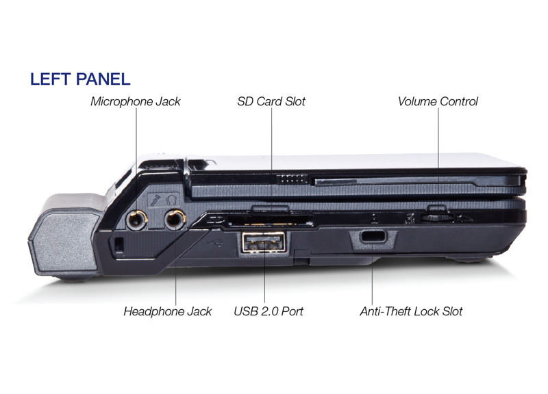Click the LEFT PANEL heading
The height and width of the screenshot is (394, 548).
[80, 79]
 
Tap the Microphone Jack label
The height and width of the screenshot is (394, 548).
[136, 101]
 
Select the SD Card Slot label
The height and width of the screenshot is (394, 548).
[271, 101]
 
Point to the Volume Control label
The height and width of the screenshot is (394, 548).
[438, 101]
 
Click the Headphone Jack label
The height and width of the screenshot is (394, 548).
[168, 311]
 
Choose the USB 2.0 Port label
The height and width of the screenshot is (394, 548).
[269, 311]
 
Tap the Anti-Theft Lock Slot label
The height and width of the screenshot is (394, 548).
[412, 311]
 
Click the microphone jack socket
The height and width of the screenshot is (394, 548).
[136, 220]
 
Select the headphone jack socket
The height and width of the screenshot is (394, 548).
[175, 220]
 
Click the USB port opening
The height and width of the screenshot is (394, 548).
[264, 242]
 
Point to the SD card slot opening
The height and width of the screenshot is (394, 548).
[270, 221]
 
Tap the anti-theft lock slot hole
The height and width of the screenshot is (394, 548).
[373, 236]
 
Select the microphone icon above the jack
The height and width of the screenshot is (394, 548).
[155, 200]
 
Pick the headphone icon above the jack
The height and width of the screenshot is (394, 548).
[171, 200]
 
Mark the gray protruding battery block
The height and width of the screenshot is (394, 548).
[66, 235]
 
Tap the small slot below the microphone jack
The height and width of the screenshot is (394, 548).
[119, 244]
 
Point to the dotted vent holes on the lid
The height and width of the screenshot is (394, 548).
[292, 179]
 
